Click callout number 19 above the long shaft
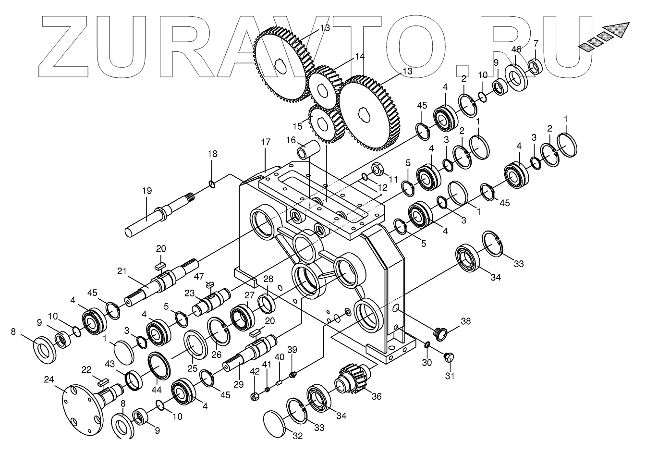pos(147,191)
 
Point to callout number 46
pos(516,49)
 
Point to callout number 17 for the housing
pos(266,142)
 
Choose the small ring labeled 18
pos(212,184)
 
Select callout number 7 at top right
pos(536,43)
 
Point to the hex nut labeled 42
pos(255,396)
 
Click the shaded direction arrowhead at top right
pos(620,30)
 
